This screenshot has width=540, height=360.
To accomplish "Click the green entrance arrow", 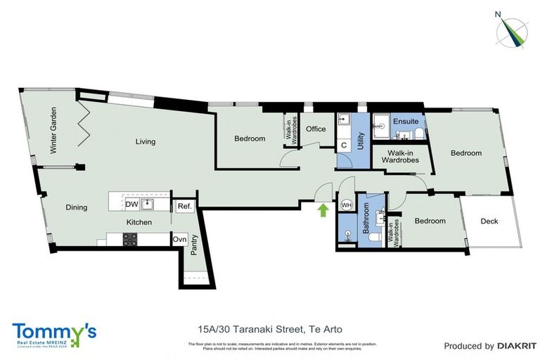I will coord(323,209).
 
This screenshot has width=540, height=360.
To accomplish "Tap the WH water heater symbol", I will coord(347,205).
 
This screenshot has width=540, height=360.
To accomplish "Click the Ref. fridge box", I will coord(184,206).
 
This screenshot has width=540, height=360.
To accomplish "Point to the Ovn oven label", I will coord(179,239).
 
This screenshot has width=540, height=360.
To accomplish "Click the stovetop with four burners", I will coord(131,239).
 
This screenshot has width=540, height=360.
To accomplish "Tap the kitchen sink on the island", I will coord(148,204).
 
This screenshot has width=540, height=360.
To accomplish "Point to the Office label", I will coord(316,129).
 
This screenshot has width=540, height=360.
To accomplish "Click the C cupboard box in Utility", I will coord(344,146).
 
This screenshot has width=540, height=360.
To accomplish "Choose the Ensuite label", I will coord(406,122).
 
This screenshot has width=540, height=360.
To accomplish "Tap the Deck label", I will coord(489,221).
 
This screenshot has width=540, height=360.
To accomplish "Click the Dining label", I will coord(76,207).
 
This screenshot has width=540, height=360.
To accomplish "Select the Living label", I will coord(146,141).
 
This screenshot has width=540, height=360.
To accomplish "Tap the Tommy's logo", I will coord(53,333).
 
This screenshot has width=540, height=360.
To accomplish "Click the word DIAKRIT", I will coord(517,346).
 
